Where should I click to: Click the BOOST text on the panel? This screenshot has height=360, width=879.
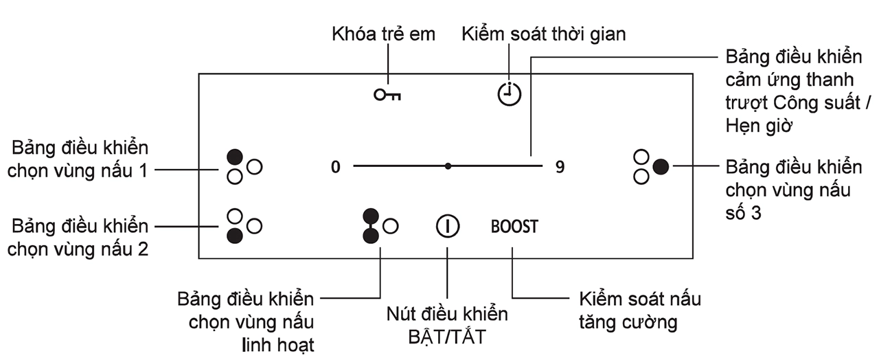coord(514,226)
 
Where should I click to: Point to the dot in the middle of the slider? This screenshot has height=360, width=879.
coord(448,166)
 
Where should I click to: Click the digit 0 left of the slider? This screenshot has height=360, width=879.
coord(335,167)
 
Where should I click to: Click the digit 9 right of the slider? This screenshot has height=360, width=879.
coord(560,167)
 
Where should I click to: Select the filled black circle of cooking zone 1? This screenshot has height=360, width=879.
coord(235,155)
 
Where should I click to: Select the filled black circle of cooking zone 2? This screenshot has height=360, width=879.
coord(235,235)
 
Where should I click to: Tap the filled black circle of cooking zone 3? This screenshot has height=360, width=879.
coord(661,166)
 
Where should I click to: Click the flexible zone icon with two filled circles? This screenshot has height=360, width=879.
coord(372,225)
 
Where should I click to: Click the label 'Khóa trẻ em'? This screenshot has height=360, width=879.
coord(383,34)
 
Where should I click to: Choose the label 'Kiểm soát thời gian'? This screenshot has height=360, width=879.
coord(543,34)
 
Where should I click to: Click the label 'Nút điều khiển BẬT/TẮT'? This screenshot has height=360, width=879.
coord(447,326)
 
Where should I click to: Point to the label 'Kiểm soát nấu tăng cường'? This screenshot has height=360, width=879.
coord(639,311)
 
